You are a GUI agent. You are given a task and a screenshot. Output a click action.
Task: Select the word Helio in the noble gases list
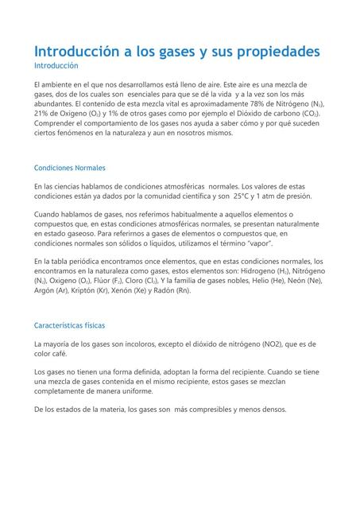click(x=256, y=281)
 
